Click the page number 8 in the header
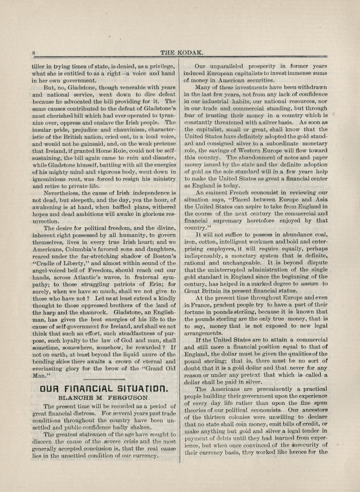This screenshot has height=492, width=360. click(34, 53)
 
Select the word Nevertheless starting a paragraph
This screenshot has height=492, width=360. click(63, 193)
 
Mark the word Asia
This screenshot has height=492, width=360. click(320, 200)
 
